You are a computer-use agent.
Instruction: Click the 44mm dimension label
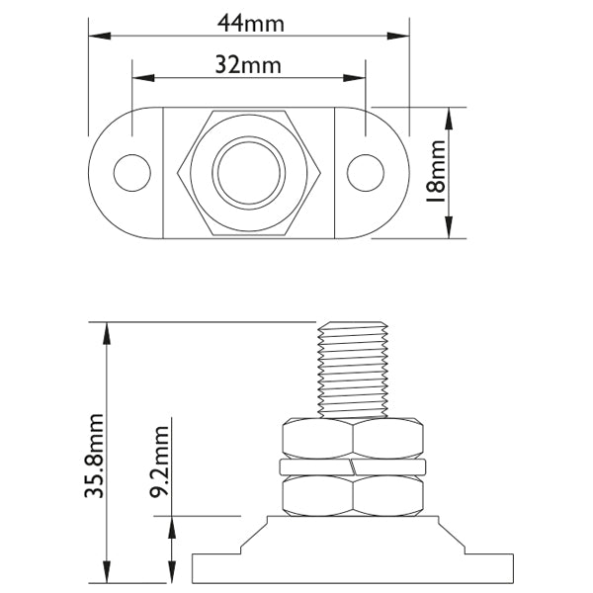coord(249,19)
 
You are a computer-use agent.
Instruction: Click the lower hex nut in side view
coord(353,494)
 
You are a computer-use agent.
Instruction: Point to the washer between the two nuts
coord(353,465)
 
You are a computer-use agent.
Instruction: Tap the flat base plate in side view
coord(353,568)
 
